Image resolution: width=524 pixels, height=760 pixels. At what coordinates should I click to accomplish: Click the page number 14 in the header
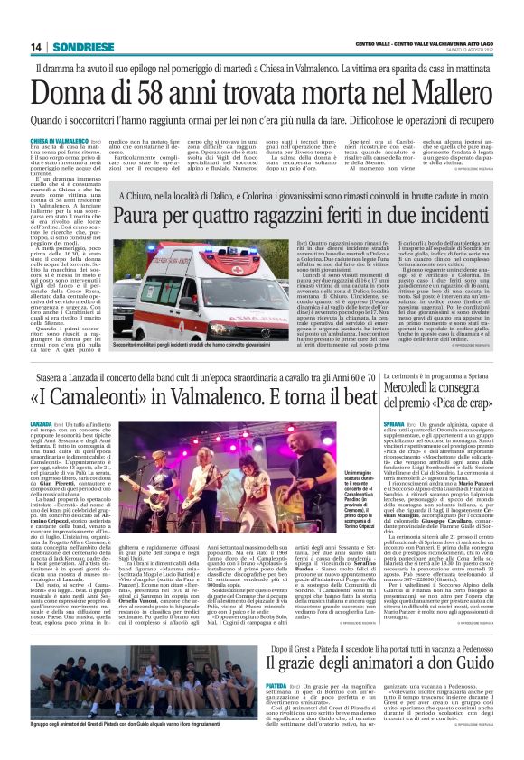[x=36, y=47]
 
